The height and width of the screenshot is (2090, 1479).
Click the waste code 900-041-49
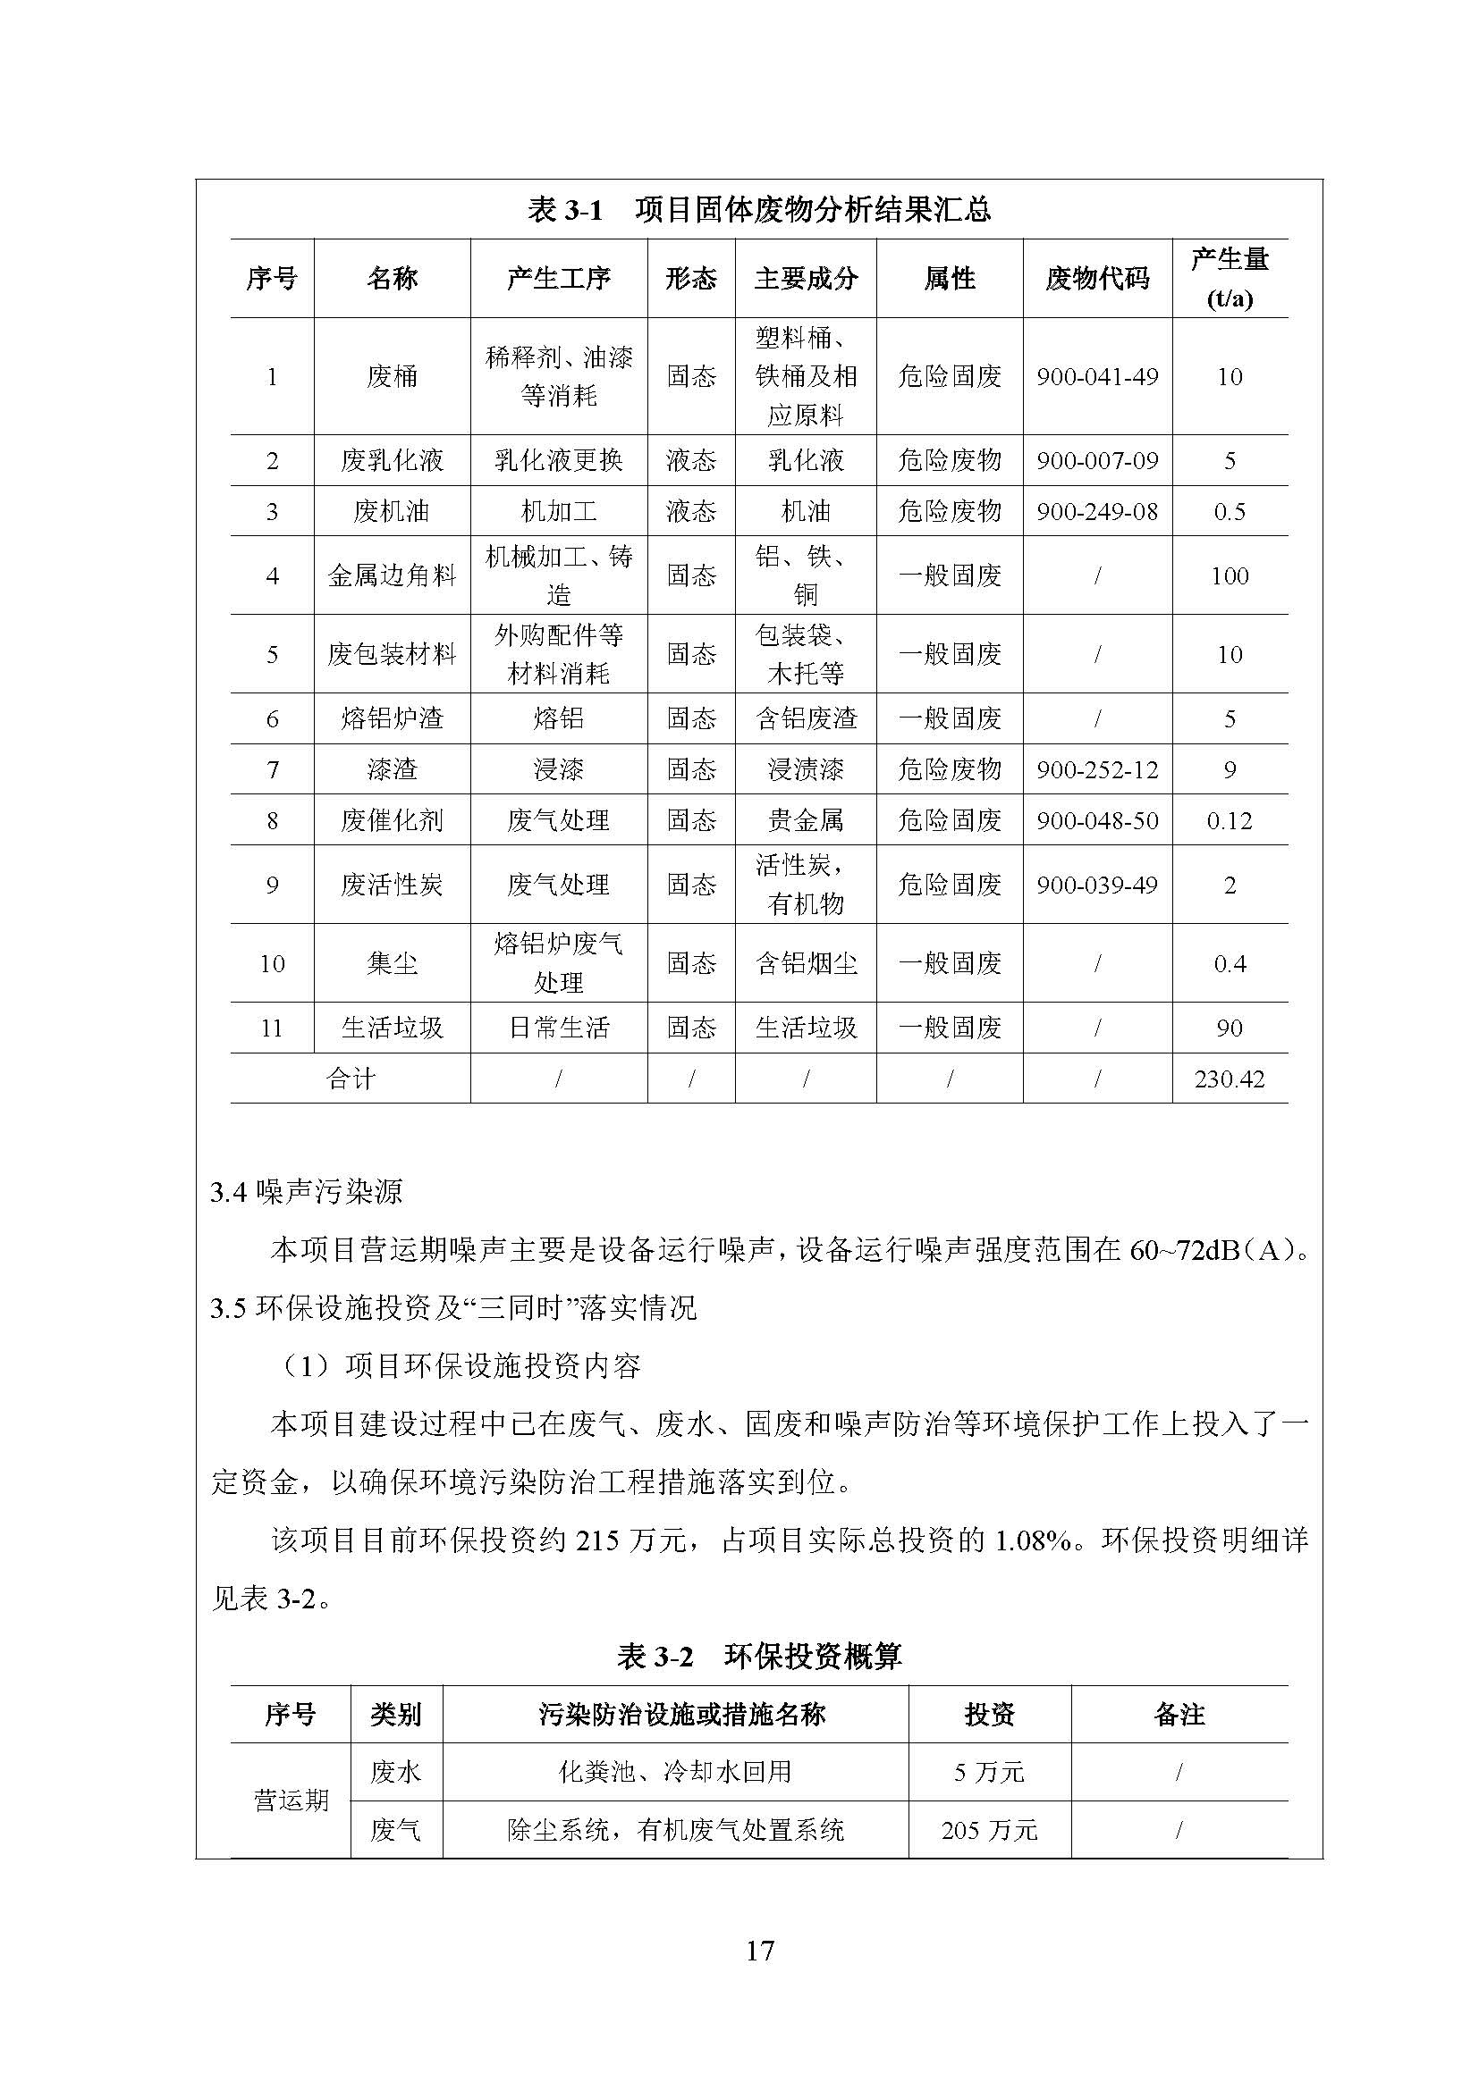point(1096,377)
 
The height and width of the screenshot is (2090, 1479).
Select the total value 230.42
point(1229,1079)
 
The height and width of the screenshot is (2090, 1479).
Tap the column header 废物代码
point(1096,279)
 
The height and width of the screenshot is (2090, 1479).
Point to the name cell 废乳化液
point(392,460)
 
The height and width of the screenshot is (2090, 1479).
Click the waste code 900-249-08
point(1096,512)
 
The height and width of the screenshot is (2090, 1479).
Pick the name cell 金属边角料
point(392,575)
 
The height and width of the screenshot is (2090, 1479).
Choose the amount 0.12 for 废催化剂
point(1229,821)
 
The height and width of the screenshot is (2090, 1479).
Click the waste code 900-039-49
point(1096,885)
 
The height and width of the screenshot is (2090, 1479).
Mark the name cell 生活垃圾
point(392,1028)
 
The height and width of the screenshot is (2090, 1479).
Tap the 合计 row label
point(351,1079)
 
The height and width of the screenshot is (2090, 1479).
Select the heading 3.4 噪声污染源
point(306,1193)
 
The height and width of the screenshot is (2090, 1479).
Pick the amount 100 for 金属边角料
point(1229,575)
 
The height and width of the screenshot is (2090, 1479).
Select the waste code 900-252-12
point(1096,770)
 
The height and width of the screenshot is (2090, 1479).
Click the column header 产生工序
point(558,279)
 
